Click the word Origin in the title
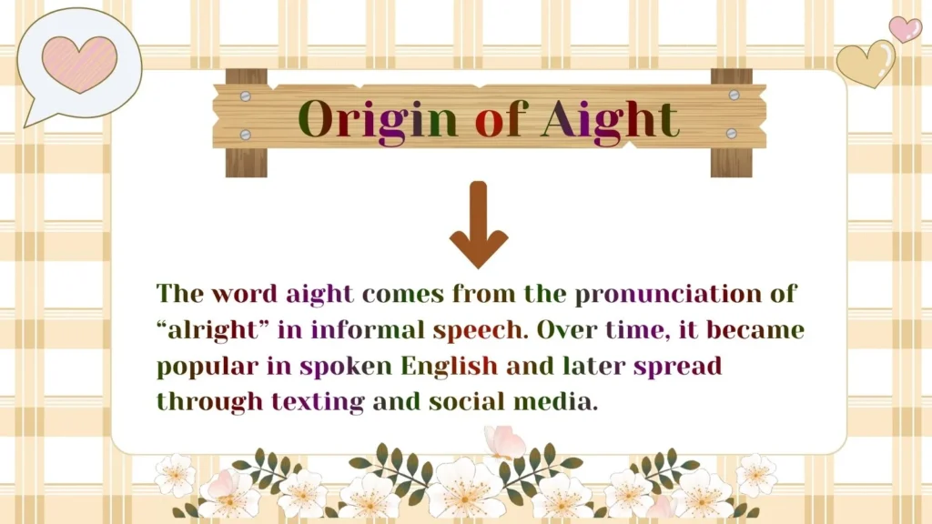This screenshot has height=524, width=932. pyautogui.click(x=378, y=120)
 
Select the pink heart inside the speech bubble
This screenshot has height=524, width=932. pyautogui.click(x=80, y=63)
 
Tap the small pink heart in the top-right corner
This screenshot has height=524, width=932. pyautogui.click(x=905, y=28)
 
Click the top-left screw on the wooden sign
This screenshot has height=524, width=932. pyautogui.click(x=245, y=95)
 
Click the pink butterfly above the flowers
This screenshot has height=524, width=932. pyautogui.click(x=505, y=442)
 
